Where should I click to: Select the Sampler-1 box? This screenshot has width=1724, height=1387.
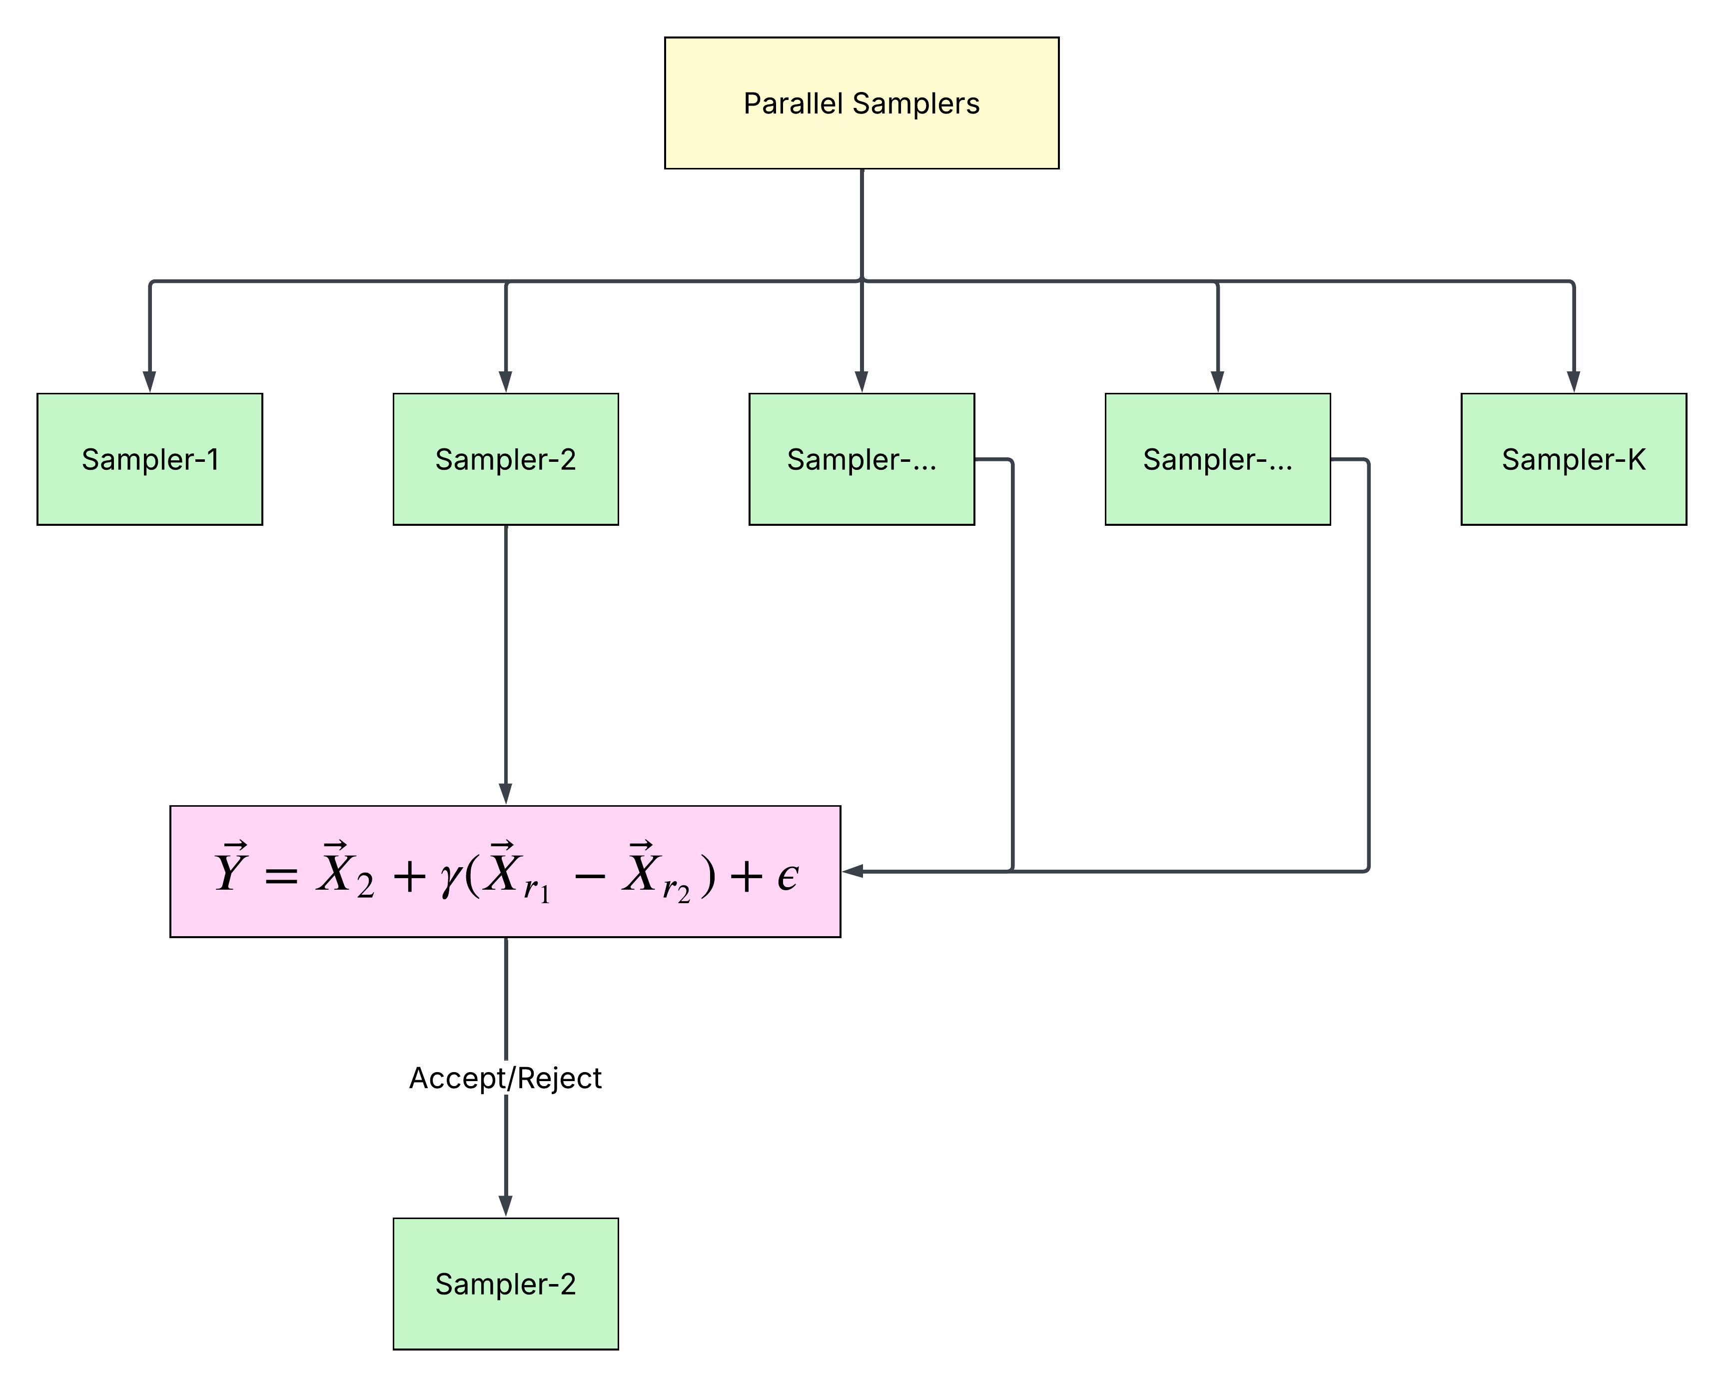[x=149, y=459]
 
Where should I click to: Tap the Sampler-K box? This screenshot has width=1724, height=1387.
[x=1574, y=459]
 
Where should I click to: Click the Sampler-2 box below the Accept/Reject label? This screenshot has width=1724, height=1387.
[x=505, y=1284]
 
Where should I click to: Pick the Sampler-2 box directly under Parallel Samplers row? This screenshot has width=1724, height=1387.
[x=505, y=459]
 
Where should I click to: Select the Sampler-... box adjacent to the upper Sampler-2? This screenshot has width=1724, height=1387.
[x=861, y=459]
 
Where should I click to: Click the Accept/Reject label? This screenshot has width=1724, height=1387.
[x=505, y=1078]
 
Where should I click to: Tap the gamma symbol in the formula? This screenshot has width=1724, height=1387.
[x=451, y=878]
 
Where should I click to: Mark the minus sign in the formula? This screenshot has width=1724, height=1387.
[x=590, y=877]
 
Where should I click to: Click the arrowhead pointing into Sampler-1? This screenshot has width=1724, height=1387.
[x=149, y=381]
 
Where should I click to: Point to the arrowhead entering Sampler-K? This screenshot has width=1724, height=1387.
[x=1574, y=381]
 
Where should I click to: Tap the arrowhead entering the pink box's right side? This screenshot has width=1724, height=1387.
[x=853, y=871]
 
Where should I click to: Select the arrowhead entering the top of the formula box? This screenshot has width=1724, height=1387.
[x=505, y=794]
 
